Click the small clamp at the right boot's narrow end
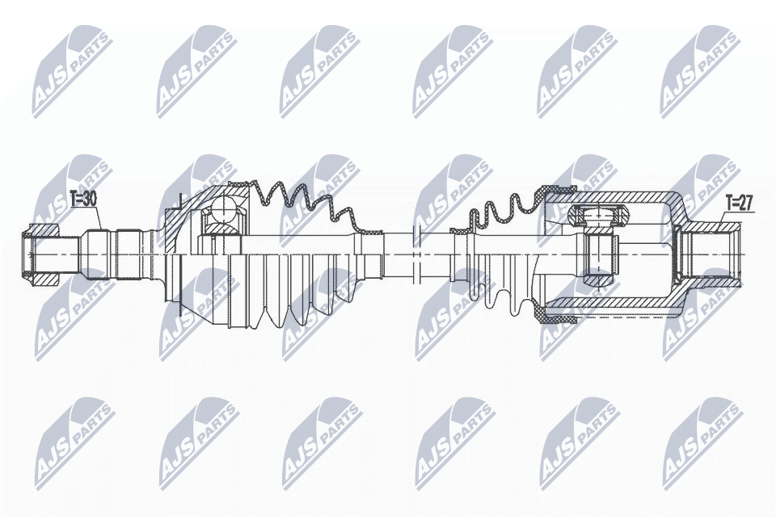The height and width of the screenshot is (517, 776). tap(462, 233)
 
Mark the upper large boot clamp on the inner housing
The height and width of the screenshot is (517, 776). tap(558, 192)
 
